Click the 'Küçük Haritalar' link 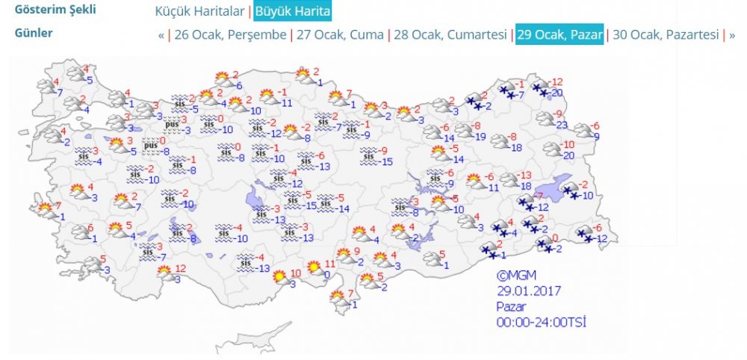tap(199, 12)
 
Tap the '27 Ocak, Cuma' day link tap(341, 35)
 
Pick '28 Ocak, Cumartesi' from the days tap(451, 35)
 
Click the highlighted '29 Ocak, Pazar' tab tap(559, 35)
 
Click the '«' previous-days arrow tap(161, 35)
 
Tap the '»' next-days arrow tap(731, 35)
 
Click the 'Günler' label tap(34, 34)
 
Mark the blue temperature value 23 tap(562, 125)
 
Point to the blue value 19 tap(480, 136)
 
